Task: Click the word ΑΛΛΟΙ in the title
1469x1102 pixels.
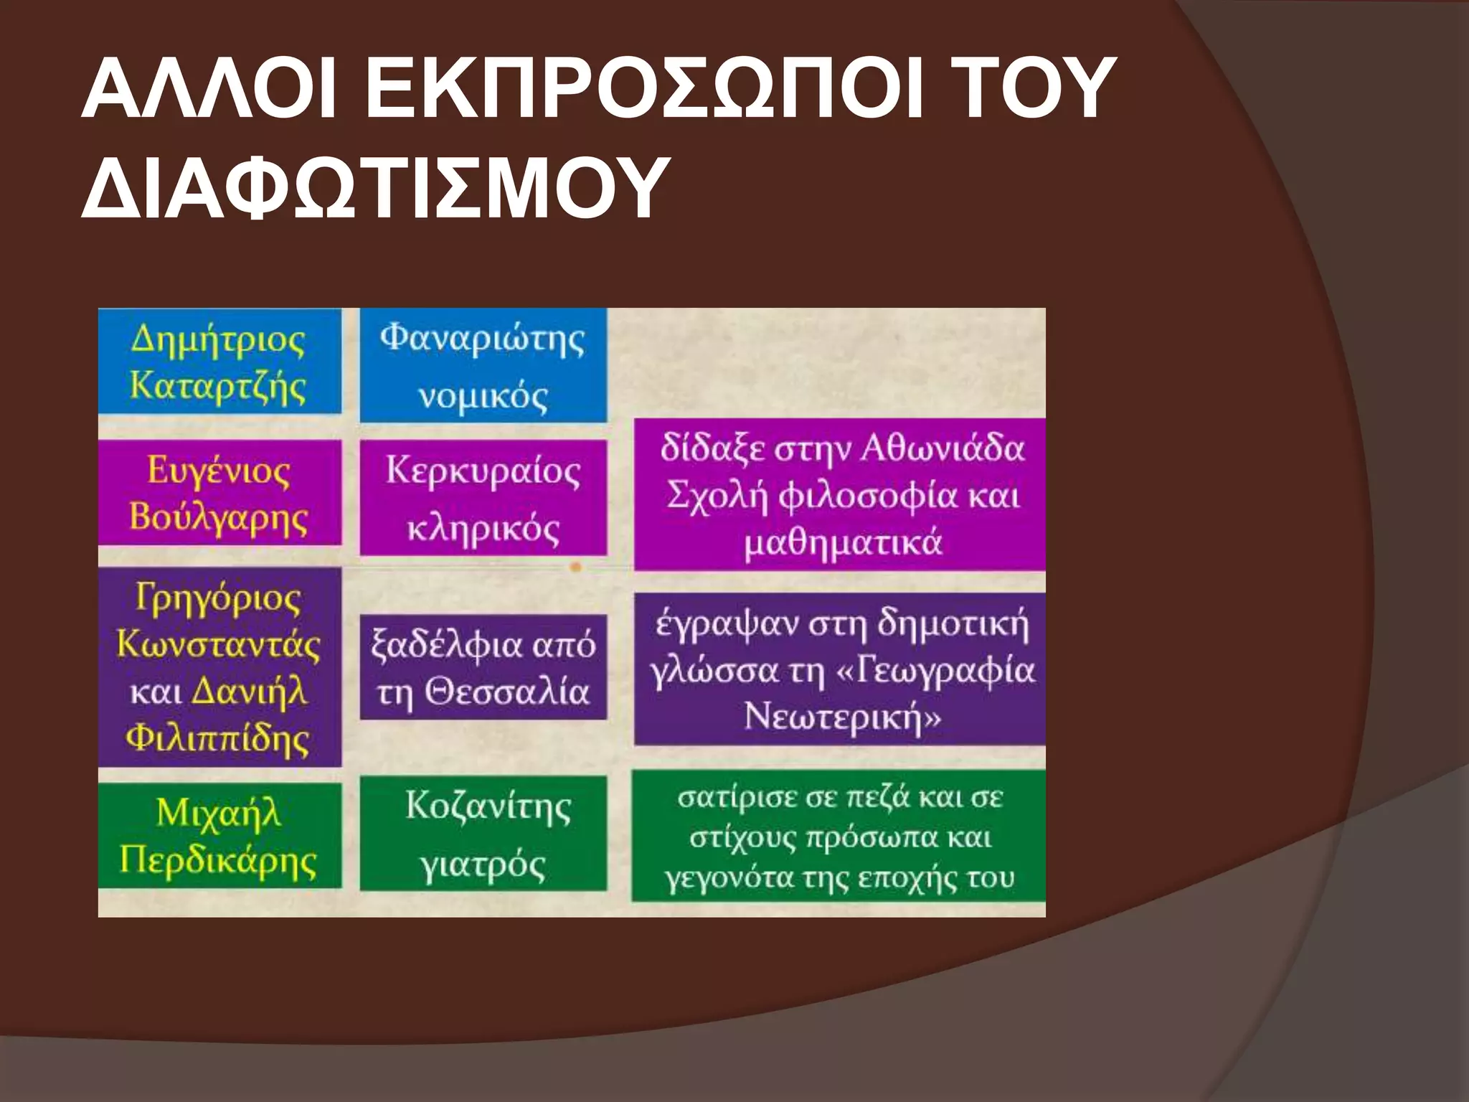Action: [209, 90]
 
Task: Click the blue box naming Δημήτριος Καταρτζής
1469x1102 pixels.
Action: [219, 362]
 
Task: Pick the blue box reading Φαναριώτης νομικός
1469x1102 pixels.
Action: [483, 366]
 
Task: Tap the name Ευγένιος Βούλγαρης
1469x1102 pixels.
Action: [219, 494]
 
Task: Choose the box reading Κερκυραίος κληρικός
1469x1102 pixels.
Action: [483, 499]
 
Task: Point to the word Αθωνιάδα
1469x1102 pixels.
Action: [943, 449]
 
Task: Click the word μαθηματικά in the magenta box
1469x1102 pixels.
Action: [843, 542]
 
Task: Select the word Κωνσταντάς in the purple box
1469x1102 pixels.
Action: [219, 644]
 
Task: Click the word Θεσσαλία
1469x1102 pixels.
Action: [506, 692]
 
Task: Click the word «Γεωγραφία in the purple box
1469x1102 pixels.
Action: [936, 670]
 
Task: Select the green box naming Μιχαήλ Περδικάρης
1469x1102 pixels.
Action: [219, 835]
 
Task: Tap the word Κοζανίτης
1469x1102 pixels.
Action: [488, 806]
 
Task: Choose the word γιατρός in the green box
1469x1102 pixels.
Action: [483, 865]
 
